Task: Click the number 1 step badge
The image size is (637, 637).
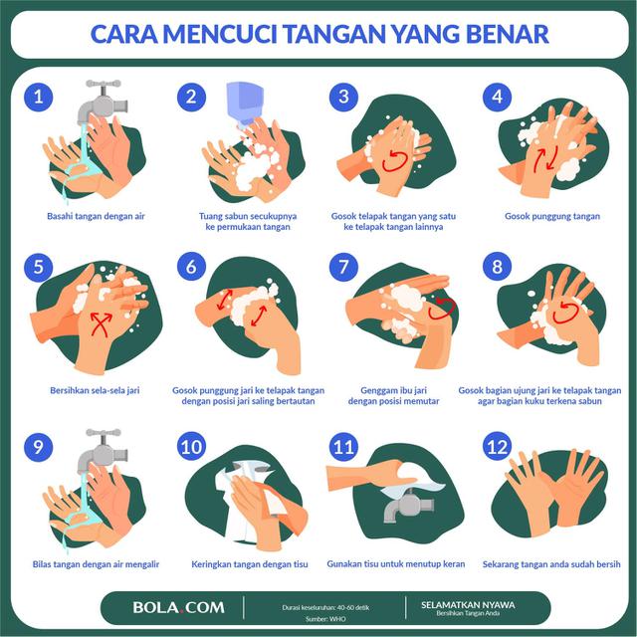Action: click(39, 97)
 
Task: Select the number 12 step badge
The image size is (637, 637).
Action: click(495, 447)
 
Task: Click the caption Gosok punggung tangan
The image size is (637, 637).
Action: click(552, 215)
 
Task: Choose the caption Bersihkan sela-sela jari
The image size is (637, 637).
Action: click(94, 390)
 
